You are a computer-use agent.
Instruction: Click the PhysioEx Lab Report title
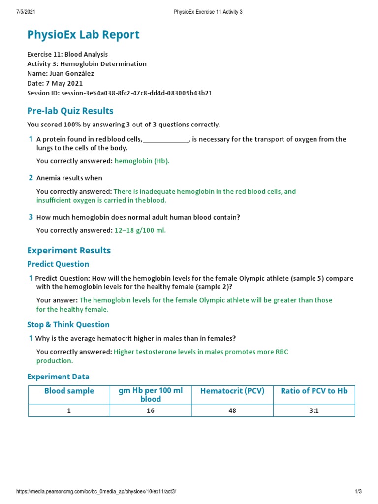click(83, 35)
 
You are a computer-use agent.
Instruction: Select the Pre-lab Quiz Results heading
click(70, 111)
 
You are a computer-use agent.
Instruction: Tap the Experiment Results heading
click(69, 250)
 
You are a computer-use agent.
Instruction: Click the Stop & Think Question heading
click(68, 324)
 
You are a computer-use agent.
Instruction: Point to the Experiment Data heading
click(58, 377)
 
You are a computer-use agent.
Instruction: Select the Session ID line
click(120, 93)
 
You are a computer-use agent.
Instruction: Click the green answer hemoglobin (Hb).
click(142, 161)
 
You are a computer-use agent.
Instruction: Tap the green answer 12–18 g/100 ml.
click(140, 230)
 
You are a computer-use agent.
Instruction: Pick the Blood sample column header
click(69, 391)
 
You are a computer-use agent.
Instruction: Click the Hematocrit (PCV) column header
click(232, 391)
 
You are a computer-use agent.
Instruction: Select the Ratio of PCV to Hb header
click(314, 391)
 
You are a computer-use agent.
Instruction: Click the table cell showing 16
click(151, 410)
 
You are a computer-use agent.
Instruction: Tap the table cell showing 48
click(232, 410)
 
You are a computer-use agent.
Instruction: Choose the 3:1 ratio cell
click(314, 410)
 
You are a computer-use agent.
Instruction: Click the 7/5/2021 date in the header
click(26, 12)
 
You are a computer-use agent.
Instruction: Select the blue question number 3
click(31, 217)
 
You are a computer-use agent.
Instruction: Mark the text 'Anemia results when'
click(69, 178)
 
